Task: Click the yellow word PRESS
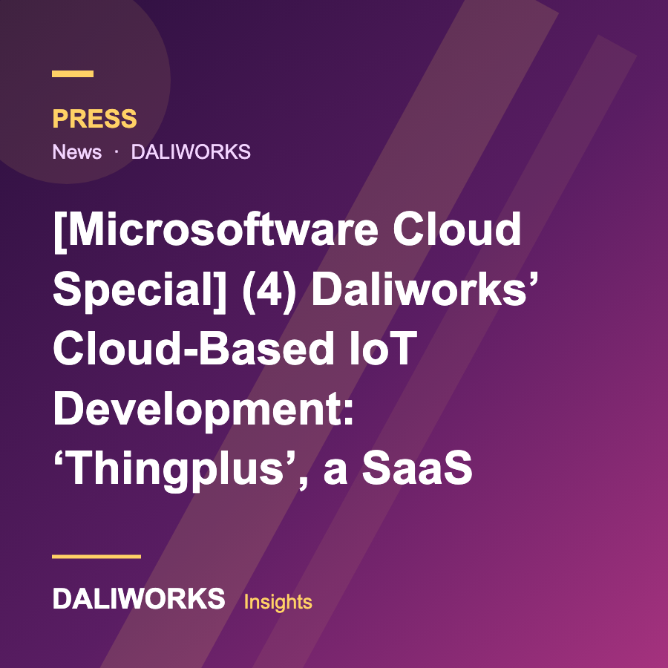click(94, 119)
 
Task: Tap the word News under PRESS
click(77, 151)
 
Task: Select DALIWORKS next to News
click(191, 151)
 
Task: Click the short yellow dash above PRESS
click(73, 73)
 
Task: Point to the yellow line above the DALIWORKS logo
click(96, 557)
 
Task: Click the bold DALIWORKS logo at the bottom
click(139, 598)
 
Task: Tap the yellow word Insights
click(278, 601)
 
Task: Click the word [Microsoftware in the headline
click(216, 230)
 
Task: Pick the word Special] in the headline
click(140, 290)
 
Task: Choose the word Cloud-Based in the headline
click(194, 349)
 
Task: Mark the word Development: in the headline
click(203, 410)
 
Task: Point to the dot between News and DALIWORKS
click(117, 151)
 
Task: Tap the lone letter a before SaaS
click(335, 472)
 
